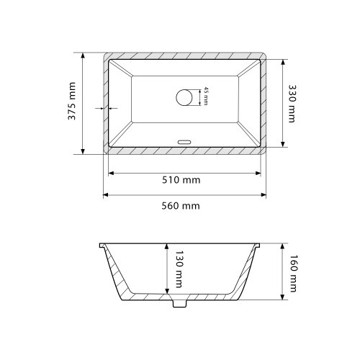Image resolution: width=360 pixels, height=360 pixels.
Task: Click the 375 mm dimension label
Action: (71, 101)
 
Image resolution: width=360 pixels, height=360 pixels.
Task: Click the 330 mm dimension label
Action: (292, 104)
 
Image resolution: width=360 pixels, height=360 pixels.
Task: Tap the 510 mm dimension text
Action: (181, 180)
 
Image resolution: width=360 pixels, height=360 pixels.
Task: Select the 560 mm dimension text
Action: (181, 206)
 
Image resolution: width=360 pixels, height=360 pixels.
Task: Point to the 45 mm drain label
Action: (206, 96)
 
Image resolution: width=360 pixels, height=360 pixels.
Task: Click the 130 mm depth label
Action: (179, 269)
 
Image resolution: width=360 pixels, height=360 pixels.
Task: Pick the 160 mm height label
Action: (293, 274)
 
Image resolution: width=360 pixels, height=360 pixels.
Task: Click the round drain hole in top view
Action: (184, 97)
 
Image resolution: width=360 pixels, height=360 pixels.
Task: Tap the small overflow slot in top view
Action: (184, 142)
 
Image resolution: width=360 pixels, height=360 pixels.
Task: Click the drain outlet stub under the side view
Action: (179, 303)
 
